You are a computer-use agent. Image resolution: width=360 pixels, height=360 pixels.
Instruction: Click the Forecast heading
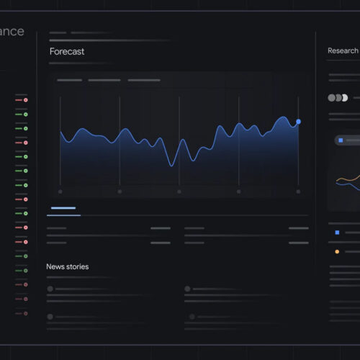[67, 52]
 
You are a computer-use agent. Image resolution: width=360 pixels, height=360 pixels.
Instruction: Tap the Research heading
[343, 50]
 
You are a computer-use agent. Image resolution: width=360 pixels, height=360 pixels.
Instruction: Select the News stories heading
[68, 266]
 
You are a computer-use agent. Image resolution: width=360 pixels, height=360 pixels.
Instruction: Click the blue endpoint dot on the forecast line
[298, 122]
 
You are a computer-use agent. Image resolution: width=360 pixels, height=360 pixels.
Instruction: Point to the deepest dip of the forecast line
[171, 166]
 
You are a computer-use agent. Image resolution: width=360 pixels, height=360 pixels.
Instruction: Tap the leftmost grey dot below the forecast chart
[60, 192]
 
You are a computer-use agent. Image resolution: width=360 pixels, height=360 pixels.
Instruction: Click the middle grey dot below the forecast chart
[179, 192]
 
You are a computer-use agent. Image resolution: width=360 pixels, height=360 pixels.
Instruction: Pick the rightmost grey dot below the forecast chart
[298, 192]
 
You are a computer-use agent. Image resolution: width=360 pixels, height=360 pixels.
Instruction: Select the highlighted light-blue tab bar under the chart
[63, 208]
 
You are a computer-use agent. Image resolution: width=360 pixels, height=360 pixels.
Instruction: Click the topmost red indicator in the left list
[25, 100]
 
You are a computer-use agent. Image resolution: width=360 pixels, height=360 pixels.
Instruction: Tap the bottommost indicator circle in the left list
[25, 313]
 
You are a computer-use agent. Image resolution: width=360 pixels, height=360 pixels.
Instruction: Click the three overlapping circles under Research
[338, 98]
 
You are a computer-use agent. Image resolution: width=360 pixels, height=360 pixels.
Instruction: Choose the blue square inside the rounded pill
[341, 140]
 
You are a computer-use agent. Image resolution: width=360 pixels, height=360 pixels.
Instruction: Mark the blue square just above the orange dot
[336, 233]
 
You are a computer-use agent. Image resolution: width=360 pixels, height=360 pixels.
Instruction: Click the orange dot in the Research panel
[336, 252]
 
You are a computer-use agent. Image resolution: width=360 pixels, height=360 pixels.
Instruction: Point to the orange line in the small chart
[347, 179]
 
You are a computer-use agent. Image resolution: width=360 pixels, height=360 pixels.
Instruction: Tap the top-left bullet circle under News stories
[50, 289]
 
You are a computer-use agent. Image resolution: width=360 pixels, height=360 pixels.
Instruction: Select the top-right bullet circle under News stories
[187, 289]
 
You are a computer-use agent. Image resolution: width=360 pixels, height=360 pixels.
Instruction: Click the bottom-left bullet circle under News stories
[50, 316]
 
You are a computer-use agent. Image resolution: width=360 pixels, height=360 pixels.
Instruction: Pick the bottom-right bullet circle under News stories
[187, 316]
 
